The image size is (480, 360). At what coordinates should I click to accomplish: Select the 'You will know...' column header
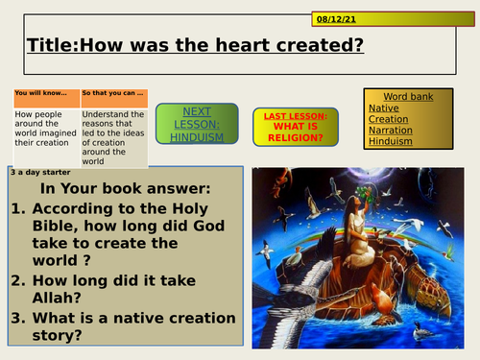[45, 94]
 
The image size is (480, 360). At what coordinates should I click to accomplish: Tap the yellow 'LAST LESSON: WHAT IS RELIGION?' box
[298, 127]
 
